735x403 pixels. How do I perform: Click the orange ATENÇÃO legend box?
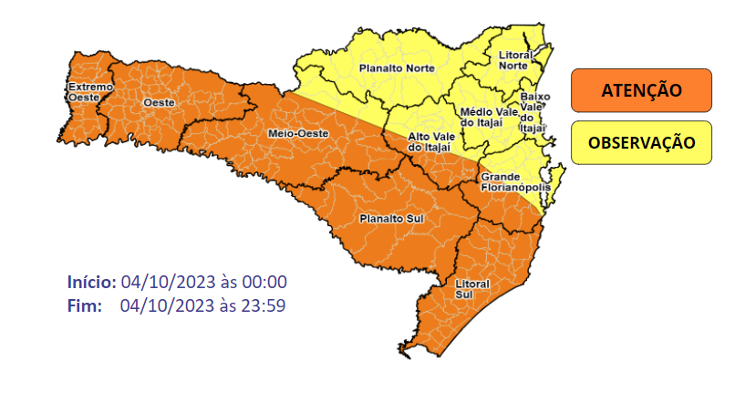click(641, 90)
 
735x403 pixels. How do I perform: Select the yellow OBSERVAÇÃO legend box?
click(641, 143)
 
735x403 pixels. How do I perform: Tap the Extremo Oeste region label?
click(89, 91)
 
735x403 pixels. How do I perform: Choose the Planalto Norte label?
click(396, 68)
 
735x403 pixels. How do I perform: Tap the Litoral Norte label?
click(516, 61)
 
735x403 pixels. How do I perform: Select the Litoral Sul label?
click(471, 289)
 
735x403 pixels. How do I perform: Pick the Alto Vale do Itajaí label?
click(428, 141)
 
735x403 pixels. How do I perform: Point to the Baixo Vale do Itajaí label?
click(533, 111)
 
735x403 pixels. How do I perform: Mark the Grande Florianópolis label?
click(515, 181)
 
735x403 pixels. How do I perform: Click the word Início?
click(91, 282)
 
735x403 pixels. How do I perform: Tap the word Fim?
click(84, 305)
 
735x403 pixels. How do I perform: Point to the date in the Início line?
click(165, 282)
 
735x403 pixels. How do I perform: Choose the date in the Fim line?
click(165, 305)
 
